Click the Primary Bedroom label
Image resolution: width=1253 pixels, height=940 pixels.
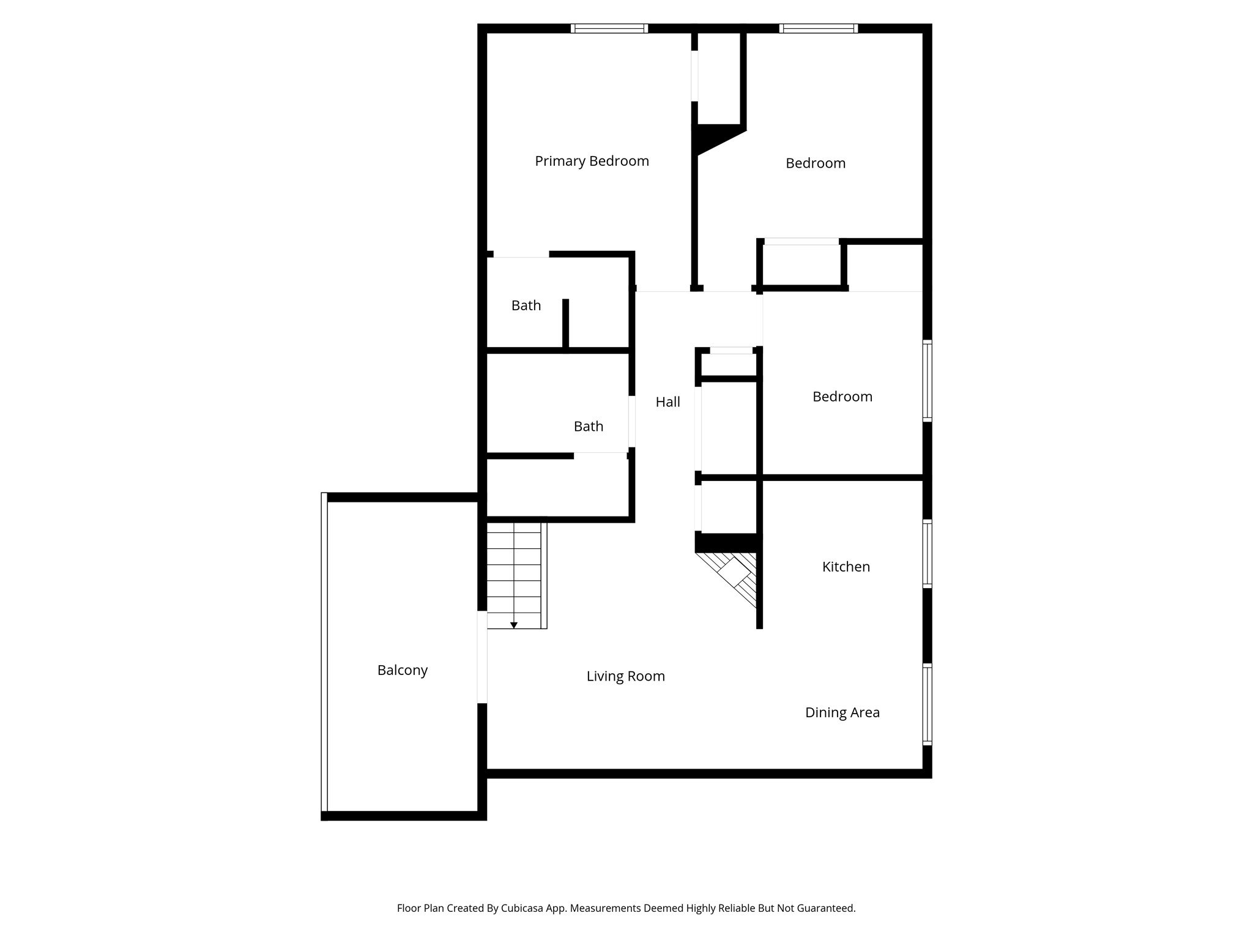(x=592, y=161)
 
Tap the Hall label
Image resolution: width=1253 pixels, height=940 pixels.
(x=667, y=402)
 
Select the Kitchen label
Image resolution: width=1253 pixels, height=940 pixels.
(x=846, y=567)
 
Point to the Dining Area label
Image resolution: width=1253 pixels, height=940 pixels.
(x=842, y=712)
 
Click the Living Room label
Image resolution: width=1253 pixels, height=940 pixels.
(x=625, y=676)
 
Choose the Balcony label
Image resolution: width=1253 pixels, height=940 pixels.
(x=402, y=670)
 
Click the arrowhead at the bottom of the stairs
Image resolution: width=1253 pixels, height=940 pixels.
(x=514, y=625)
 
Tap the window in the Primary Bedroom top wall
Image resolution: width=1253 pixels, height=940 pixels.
(x=609, y=28)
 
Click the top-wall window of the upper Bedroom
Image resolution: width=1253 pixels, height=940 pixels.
(x=818, y=28)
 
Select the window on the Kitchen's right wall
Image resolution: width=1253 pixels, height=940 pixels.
(x=927, y=553)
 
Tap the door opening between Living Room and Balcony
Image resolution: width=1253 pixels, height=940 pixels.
(x=482, y=657)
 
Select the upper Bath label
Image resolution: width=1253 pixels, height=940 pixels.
(x=526, y=305)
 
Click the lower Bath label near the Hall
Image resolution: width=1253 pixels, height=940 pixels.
(x=588, y=427)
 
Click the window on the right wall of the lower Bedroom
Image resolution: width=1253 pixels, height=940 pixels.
(x=927, y=381)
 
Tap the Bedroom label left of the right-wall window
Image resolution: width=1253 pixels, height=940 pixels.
(x=842, y=397)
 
